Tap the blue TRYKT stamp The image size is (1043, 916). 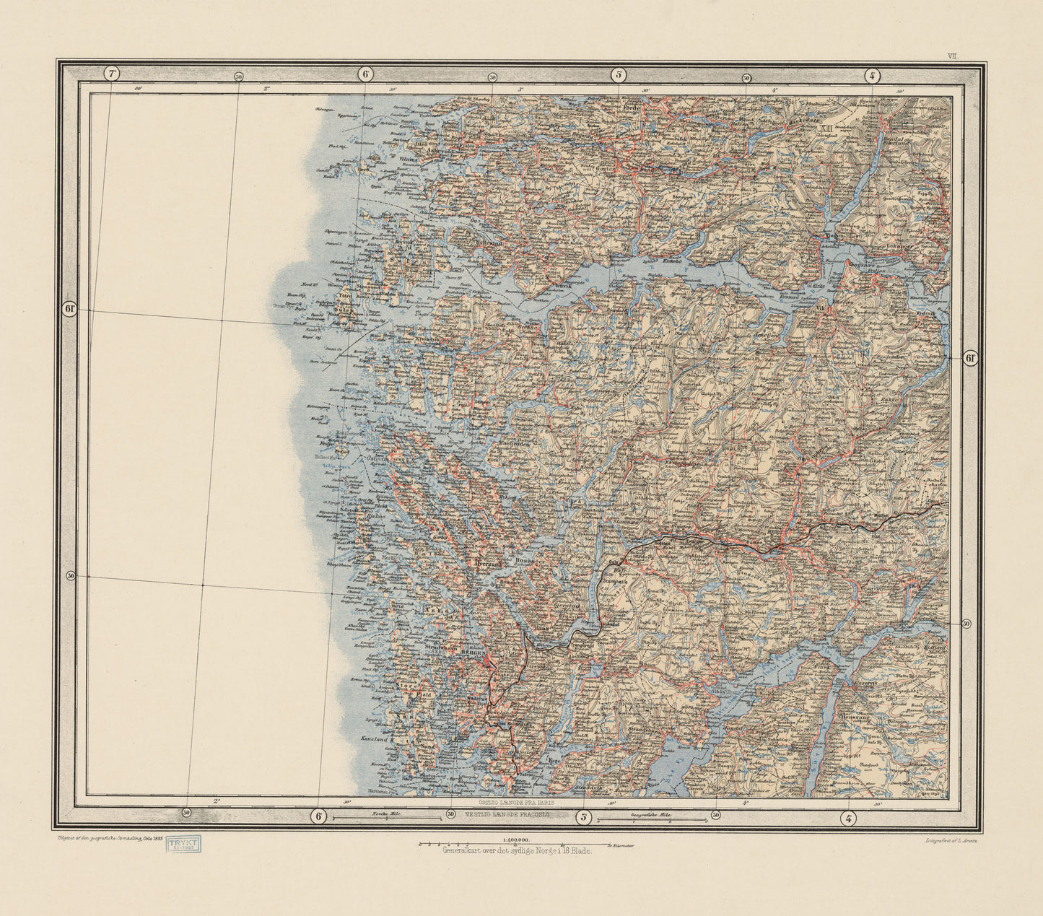(184, 844)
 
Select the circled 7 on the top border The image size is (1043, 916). (112, 74)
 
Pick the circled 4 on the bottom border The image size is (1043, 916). (849, 818)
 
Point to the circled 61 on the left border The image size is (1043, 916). (70, 309)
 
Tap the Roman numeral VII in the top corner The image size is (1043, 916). (953, 55)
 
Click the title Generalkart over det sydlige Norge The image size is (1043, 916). (517, 852)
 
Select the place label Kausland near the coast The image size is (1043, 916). (375, 740)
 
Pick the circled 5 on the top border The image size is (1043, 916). (619, 74)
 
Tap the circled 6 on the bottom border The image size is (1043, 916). (318, 816)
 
